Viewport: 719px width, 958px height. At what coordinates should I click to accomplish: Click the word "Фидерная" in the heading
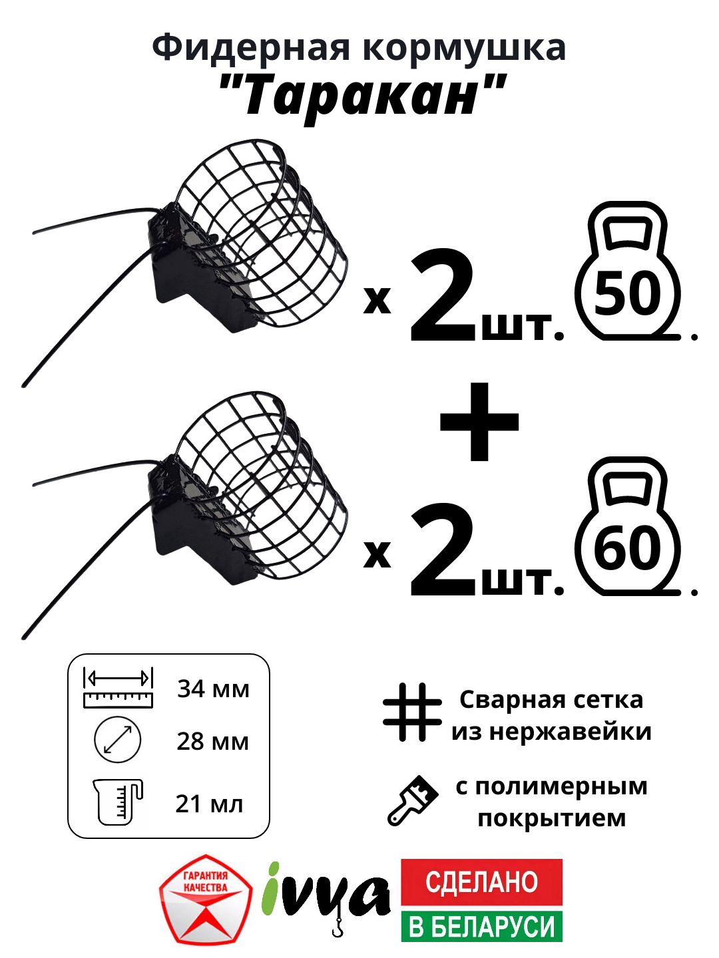[x=250, y=48]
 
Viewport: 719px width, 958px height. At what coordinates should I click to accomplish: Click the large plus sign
[x=479, y=422]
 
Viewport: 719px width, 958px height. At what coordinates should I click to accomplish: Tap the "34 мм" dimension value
[x=213, y=689]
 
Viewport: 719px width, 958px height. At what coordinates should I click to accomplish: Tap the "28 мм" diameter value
[x=212, y=741]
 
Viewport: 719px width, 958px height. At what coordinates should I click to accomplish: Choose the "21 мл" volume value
[x=209, y=804]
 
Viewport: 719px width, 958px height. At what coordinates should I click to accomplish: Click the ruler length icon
[x=118, y=688]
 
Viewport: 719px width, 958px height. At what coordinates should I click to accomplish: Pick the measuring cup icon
[x=117, y=802]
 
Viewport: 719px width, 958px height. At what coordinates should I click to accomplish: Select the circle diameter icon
[x=118, y=740]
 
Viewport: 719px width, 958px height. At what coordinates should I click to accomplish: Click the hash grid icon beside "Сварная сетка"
[x=412, y=712]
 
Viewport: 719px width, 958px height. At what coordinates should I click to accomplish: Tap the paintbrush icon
[x=413, y=801]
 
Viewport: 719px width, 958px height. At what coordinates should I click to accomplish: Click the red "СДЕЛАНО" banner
[x=481, y=882]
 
